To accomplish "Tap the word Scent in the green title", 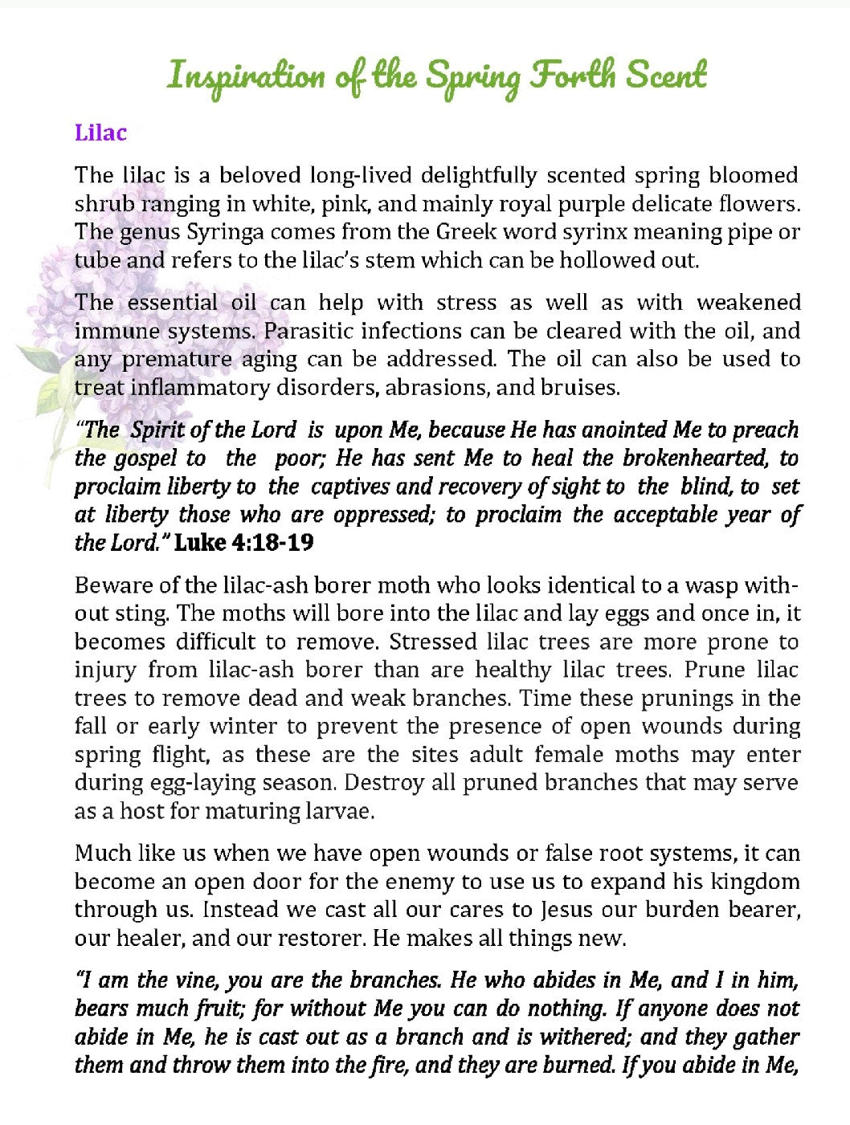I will pyautogui.click(x=666, y=75).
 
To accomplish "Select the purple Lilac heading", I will pyautogui.click(x=100, y=132).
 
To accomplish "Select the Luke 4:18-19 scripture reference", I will pyautogui.click(x=244, y=543).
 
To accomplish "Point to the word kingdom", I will pyautogui.click(x=754, y=882).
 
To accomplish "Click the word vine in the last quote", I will pyautogui.click(x=195, y=980).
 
